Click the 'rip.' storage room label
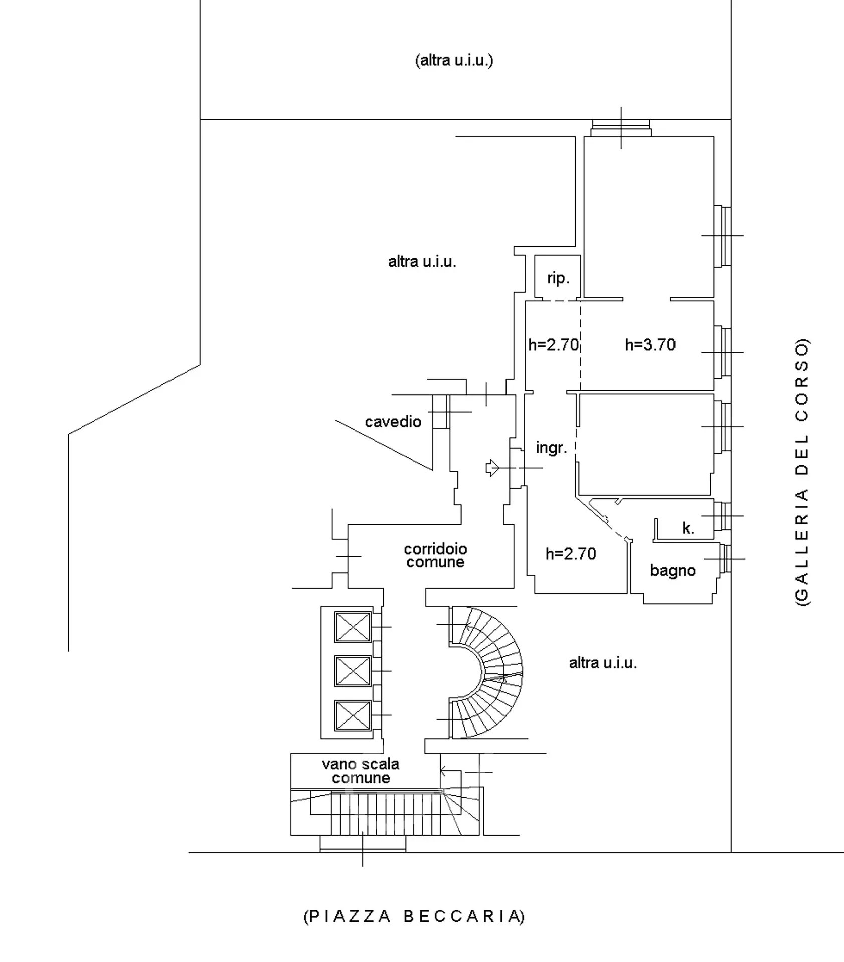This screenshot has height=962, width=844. pyautogui.click(x=558, y=278)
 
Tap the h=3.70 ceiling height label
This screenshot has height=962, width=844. pyautogui.click(x=650, y=345)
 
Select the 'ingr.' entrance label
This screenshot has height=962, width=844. pyautogui.click(x=551, y=447)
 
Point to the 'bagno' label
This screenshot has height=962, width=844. pyautogui.click(x=672, y=570)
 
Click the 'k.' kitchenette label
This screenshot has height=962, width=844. pyautogui.click(x=688, y=528)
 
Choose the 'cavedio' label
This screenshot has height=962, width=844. pyautogui.click(x=393, y=422)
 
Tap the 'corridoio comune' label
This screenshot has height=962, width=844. pyautogui.click(x=435, y=555)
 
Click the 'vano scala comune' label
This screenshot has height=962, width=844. pyautogui.click(x=361, y=771)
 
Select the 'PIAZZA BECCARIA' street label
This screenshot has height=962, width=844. pyautogui.click(x=414, y=916)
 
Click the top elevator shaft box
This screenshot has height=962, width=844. pyautogui.click(x=353, y=627)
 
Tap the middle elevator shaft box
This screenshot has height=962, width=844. pyautogui.click(x=353, y=671)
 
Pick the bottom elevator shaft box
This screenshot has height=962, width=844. pyautogui.click(x=353, y=715)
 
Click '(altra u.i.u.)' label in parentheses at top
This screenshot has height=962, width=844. pyautogui.click(x=454, y=61)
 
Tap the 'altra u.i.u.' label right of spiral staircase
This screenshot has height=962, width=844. pyautogui.click(x=603, y=663)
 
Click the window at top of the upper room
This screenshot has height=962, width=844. pyautogui.click(x=621, y=127)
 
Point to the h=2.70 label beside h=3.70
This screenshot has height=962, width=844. pyautogui.click(x=553, y=345)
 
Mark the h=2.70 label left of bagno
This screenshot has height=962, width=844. pyautogui.click(x=571, y=554)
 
